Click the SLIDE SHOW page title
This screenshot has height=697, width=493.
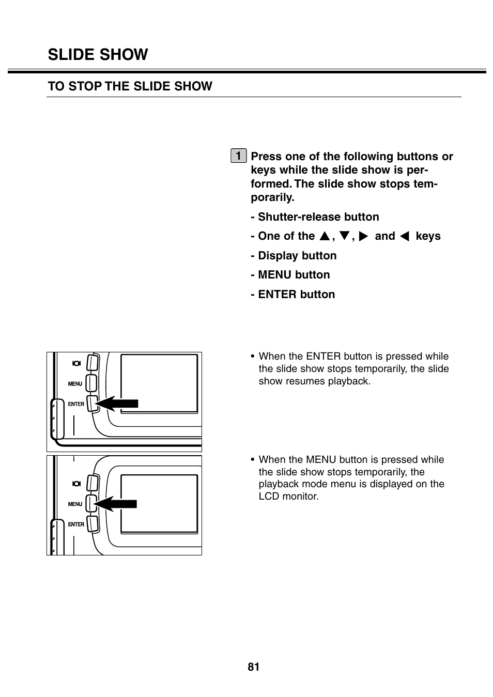click(98, 55)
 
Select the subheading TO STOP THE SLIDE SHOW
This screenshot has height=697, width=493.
click(130, 86)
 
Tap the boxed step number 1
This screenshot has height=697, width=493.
click(238, 156)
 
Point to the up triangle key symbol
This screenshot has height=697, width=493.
click(324, 237)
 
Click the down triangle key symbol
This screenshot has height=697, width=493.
click(344, 237)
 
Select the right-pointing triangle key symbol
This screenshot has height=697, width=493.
click(363, 237)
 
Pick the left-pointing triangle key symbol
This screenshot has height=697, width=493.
click(405, 237)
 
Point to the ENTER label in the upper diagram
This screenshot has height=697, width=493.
click(76, 404)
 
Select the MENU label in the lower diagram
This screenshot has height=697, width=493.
click(75, 504)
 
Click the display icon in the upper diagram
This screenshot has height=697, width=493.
click(76, 363)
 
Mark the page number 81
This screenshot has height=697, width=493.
click(253, 667)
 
